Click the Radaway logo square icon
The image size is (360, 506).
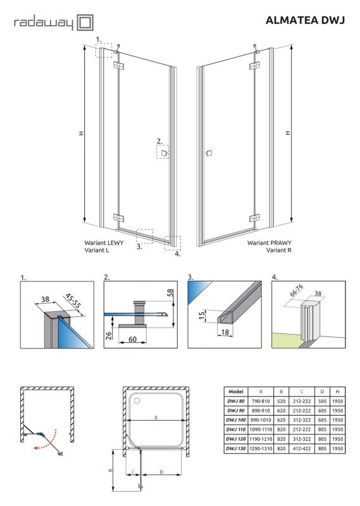pyautogui.click(x=85, y=24)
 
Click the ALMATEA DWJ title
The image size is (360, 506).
pyautogui.click(x=306, y=21)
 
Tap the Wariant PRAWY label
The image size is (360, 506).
pyautogui.click(x=269, y=242)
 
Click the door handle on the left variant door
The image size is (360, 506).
pyautogui.click(x=164, y=153)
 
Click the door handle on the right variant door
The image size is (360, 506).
pyautogui.click(x=208, y=153)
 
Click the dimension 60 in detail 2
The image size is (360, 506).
pyautogui.click(x=132, y=339)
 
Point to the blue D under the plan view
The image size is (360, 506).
pyautogui.click(x=162, y=472)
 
